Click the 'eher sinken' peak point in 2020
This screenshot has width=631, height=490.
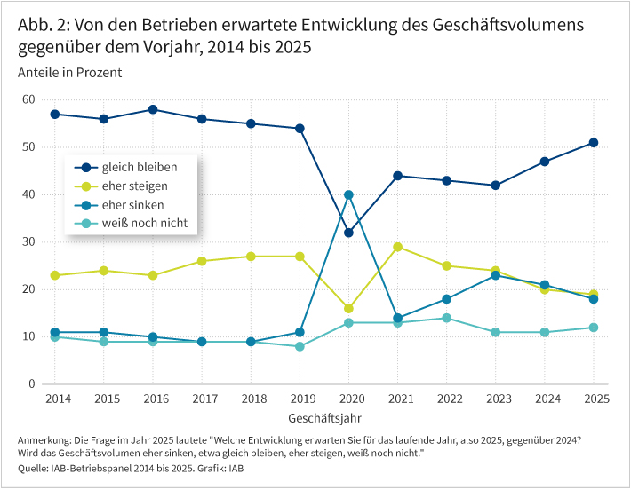point(348,194)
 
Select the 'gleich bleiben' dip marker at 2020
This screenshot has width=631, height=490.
point(348,233)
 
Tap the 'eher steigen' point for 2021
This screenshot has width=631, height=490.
point(397,247)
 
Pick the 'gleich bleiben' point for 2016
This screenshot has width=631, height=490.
point(153,109)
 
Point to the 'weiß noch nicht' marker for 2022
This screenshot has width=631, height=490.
point(446,318)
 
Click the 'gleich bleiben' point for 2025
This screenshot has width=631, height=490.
point(593,143)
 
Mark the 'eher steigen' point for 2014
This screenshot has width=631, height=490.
point(55,275)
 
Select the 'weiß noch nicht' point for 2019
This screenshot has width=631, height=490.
point(300,346)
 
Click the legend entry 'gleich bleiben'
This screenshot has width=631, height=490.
point(139,167)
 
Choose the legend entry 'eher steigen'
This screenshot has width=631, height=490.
point(134,186)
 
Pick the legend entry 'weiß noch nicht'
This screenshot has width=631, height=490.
point(144,223)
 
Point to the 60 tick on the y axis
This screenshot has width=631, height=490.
point(28,99)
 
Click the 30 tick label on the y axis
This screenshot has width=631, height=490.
point(28,241)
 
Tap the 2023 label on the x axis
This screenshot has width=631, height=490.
point(495,399)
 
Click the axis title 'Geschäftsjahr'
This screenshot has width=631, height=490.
point(323,416)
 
